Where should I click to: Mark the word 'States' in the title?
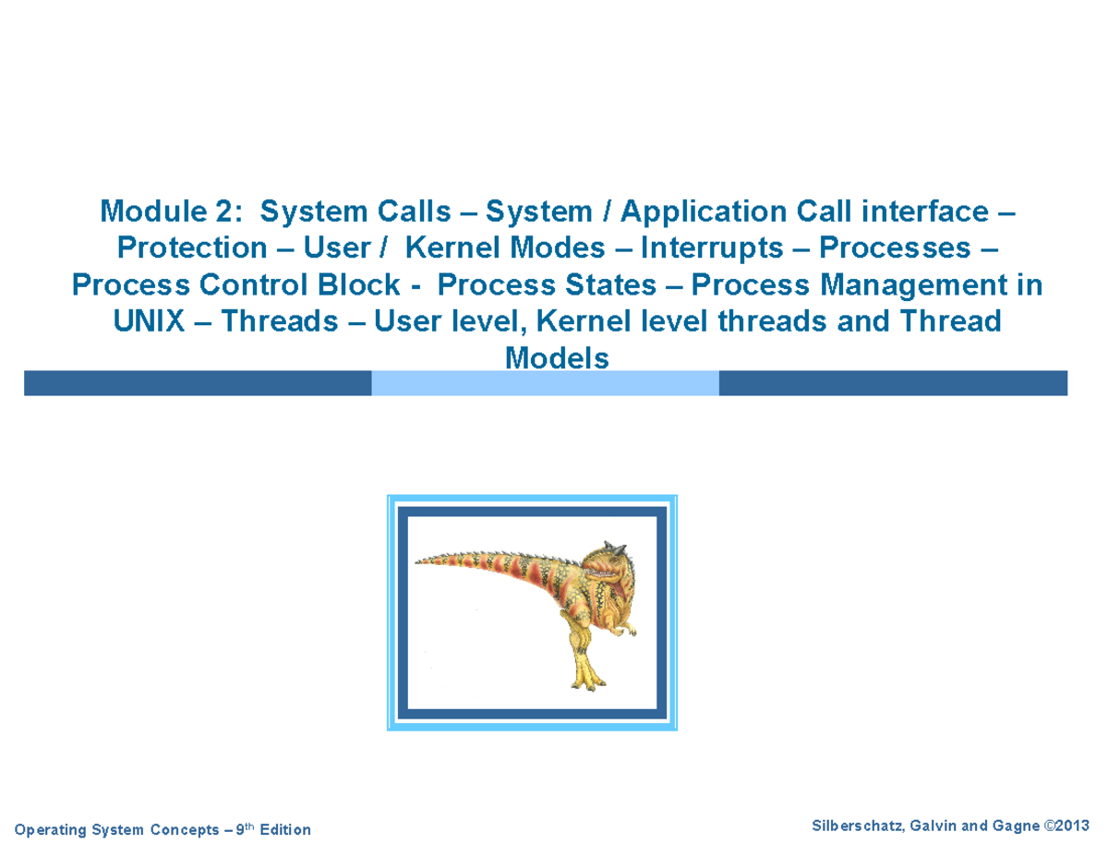603,285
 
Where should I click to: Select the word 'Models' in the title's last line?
557,357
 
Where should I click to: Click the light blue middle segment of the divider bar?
545,383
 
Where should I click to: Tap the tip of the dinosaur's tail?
418,561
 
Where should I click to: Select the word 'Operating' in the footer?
51,830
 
